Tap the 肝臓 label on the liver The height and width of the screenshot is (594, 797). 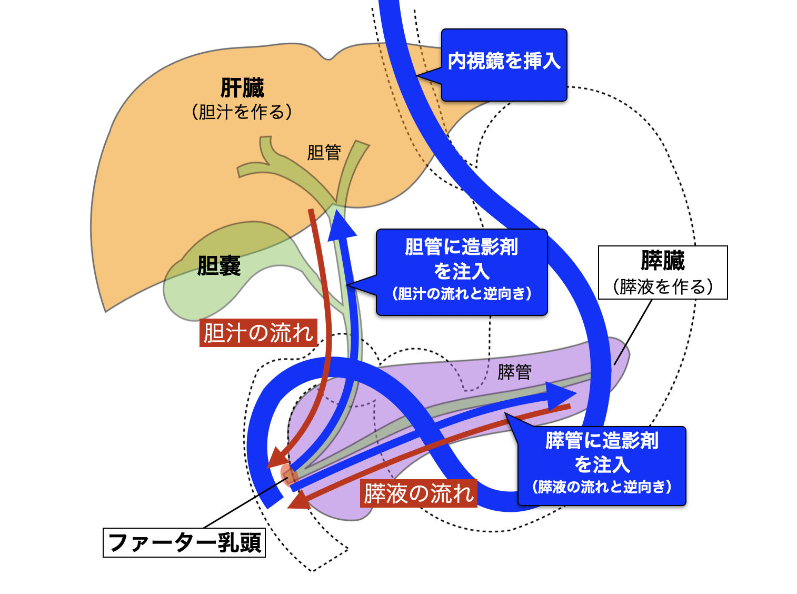point(242,88)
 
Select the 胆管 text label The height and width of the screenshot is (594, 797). point(324,153)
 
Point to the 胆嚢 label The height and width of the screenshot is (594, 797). point(219,266)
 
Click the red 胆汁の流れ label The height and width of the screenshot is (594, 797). point(258,333)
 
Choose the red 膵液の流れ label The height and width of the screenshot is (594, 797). point(419,493)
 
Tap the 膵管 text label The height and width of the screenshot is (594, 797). point(514,372)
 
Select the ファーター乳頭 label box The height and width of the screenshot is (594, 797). point(184,542)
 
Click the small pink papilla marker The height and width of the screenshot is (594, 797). point(289,474)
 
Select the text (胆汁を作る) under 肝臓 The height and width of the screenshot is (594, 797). point(242,112)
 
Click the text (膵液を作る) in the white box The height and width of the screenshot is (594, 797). point(663,286)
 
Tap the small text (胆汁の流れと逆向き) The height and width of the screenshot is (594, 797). point(462,294)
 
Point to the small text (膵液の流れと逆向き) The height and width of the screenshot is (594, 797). point(602,487)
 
